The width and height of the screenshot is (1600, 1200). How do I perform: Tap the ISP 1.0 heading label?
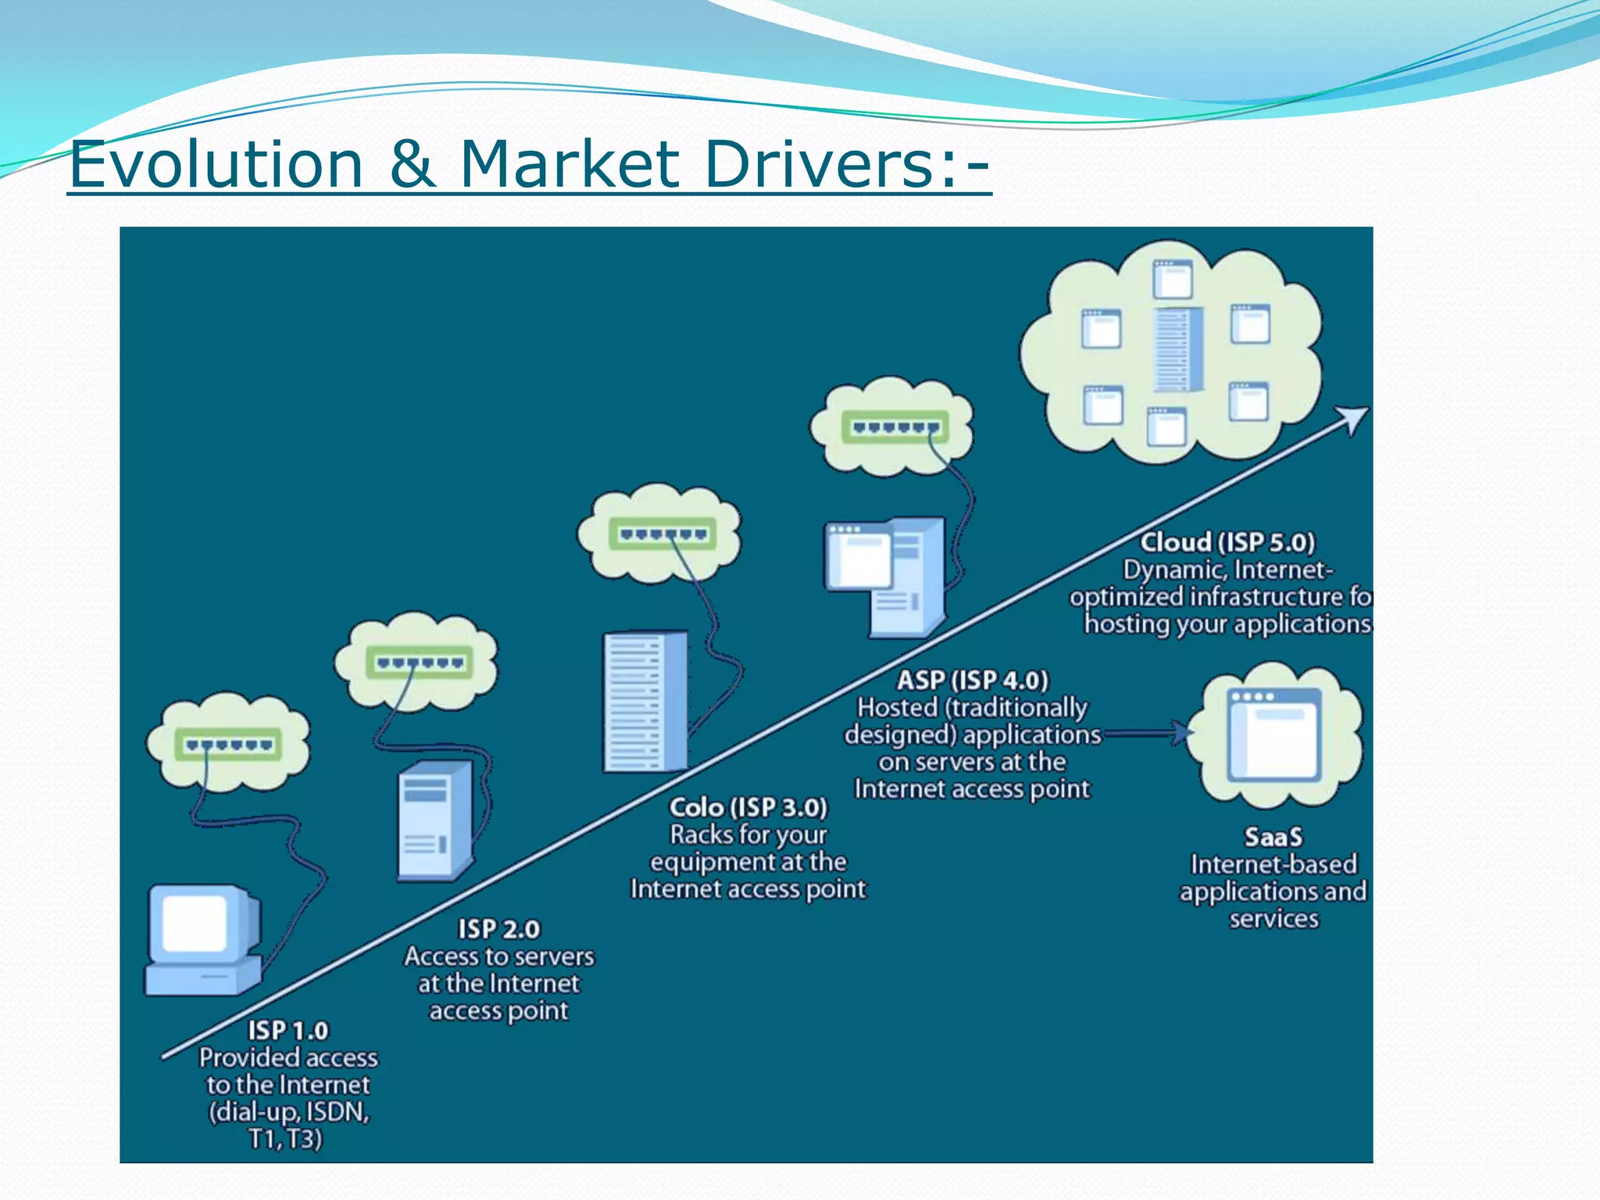point(288,1030)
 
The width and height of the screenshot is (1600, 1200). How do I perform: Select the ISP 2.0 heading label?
point(498,929)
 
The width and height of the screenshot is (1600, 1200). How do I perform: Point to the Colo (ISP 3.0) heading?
point(748,807)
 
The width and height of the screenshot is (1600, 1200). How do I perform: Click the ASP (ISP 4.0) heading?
point(972,680)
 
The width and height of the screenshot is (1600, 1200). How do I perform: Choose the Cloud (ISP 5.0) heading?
point(1227,542)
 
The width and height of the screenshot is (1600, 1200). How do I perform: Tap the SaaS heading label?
point(1273,837)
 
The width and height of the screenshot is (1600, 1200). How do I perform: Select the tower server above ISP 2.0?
point(434,820)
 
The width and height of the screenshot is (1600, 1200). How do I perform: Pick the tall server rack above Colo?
point(645,702)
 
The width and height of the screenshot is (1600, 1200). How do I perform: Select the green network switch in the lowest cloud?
point(228,744)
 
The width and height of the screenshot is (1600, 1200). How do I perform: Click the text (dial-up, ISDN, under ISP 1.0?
point(288,1112)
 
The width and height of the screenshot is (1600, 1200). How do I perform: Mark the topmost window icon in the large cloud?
point(1173,279)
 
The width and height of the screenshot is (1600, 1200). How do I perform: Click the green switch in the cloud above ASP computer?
point(895,427)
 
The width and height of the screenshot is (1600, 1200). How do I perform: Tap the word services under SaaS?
point(1273,919)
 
